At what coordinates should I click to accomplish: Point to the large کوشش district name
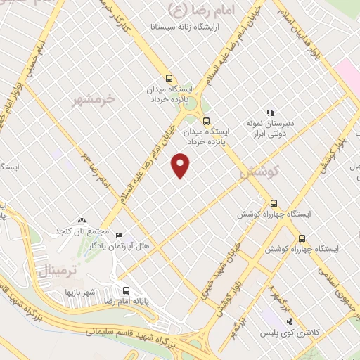[259, 171]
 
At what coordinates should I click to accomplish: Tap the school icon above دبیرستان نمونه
[269, 112]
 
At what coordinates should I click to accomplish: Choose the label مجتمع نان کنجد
[82, 231]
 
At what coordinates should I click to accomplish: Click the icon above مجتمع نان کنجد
[82, 221]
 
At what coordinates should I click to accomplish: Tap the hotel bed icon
[118, 236]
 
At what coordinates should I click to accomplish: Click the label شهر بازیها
[79, 291]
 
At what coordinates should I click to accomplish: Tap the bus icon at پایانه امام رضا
[126, 289]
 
